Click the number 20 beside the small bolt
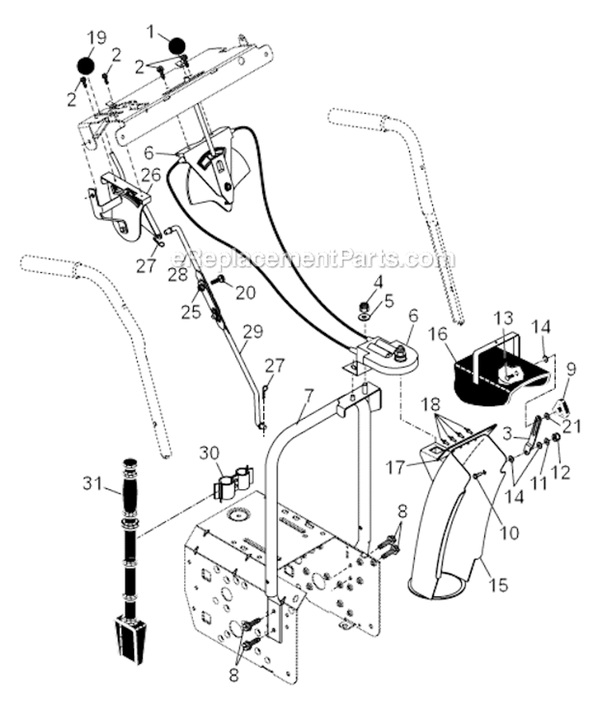(246, 292)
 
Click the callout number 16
(438, 333)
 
